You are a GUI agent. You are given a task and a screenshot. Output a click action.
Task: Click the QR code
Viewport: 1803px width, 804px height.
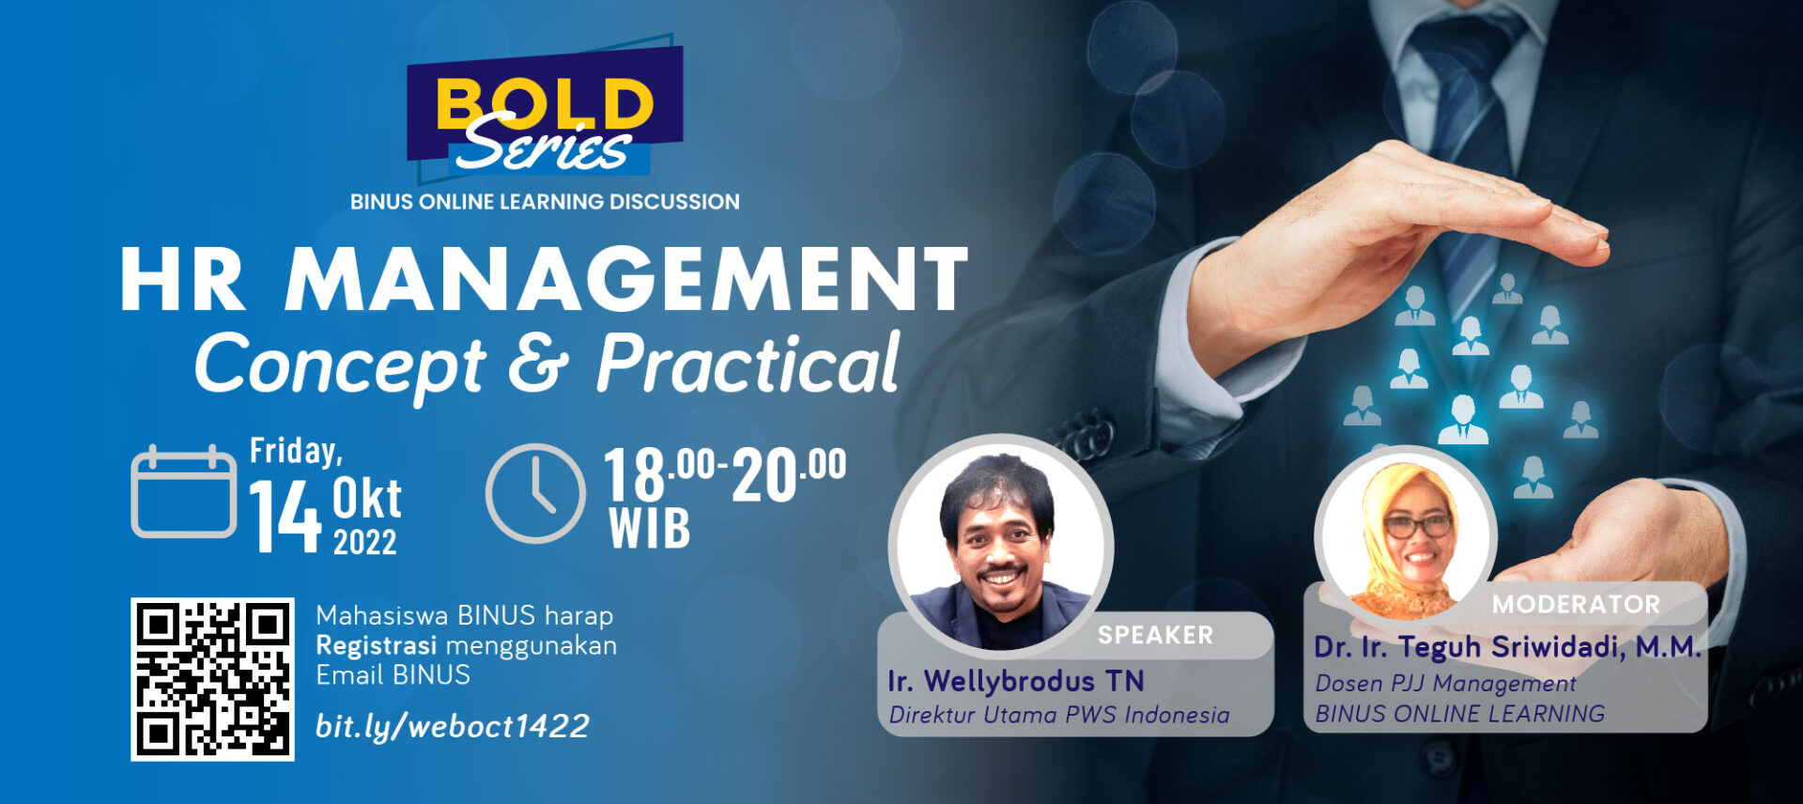point(212,679)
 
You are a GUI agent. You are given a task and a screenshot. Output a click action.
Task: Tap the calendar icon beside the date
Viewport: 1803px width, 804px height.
point(183,492)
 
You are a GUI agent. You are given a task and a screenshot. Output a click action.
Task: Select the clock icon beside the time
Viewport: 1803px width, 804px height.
point(535,493)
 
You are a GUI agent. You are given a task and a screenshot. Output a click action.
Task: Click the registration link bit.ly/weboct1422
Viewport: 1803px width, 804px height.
point(452,726)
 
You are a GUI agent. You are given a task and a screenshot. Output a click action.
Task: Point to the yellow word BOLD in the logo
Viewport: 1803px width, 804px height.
point(545,103)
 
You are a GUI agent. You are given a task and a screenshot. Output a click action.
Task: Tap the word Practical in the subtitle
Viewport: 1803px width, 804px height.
point(748,363)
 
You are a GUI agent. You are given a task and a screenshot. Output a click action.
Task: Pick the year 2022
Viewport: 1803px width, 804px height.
point(365,542)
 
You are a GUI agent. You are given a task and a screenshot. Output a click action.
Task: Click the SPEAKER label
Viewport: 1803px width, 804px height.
point(1155,636)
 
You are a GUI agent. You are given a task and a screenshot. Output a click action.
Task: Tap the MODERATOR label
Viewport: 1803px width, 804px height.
point(1576,605)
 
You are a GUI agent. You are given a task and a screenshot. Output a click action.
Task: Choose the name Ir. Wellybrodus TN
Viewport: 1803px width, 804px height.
point(1015,681)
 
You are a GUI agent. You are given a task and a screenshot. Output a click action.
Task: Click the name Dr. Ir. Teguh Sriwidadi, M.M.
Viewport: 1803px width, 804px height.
point(1507,647)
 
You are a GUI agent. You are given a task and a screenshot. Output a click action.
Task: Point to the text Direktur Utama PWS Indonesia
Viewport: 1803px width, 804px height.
point(1059,716)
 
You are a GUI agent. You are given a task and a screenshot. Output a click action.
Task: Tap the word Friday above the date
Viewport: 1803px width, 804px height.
point(296,452)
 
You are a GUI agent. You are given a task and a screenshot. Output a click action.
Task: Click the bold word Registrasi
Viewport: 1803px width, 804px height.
point(376,646)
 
